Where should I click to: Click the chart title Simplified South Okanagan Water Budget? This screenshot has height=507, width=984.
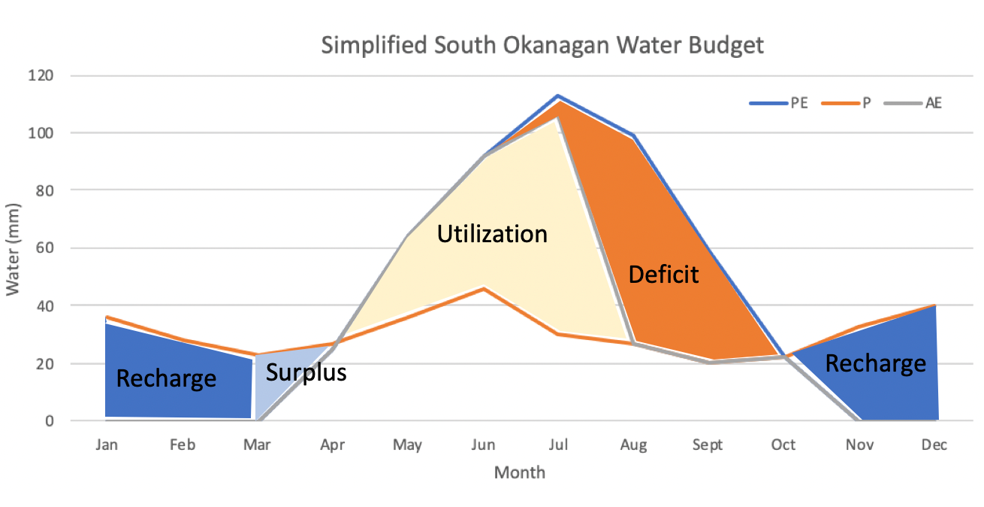pyautogui.click(x=542, y=45)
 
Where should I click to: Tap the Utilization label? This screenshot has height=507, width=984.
pyautogui.click(x=492, y=234)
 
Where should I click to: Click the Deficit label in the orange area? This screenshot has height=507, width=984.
pyautogui.click(x=663, y=275)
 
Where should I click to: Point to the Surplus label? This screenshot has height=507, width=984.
pyautogui.click(x=306, y=372)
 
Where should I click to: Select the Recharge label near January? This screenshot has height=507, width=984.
pyautogui.click(x=166, y=378)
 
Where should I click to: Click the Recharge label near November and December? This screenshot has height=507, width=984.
pyautogui.click(x=875, y=363)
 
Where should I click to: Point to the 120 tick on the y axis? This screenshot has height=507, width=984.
pyautogui.click(x=52, y=76)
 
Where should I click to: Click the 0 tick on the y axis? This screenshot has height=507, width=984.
pyautogui.click(x=59, y=421)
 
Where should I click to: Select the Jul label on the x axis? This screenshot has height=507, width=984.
pyautogui.click(x=557, y=445)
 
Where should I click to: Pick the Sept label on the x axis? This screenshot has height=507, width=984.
pyautogui.click(x=708, y=445)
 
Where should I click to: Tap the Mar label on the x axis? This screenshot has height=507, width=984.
pyautogui.click(x=257, y=445)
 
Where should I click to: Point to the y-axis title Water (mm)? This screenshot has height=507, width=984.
pyautogui.click(x=14, y=248)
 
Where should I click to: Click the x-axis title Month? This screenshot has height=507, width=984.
pyautogui.click(x=520, y=473)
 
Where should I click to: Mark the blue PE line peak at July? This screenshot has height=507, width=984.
pyautogui.click(x=557, y=96)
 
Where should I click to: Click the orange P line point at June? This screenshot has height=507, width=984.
pyautogui.click(x=483, y=288)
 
